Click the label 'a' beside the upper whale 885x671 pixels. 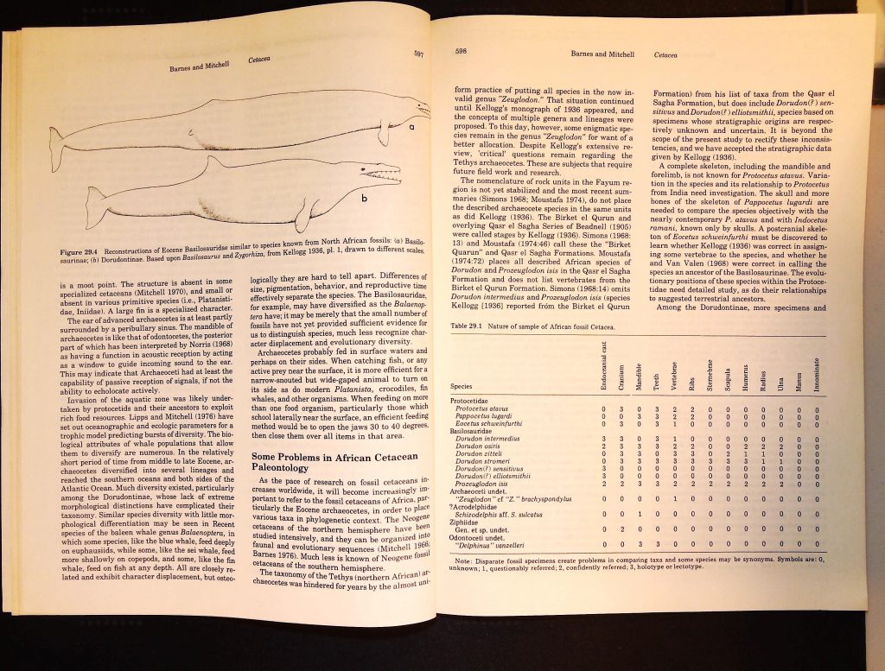pos(412,126)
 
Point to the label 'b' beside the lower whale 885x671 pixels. pos(364,198)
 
